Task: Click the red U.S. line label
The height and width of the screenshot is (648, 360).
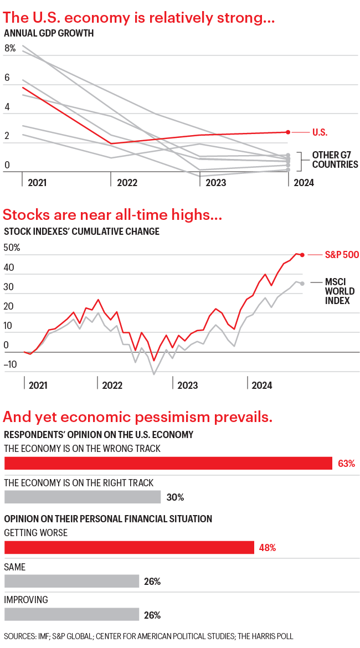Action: coord(320,132)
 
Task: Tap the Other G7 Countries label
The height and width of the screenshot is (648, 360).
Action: coord(335,160)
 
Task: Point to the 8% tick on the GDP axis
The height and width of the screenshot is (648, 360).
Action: coord(10,48)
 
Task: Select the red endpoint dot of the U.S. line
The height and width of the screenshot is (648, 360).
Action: coord(288,132)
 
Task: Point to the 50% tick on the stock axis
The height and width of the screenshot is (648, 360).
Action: coord(12,248)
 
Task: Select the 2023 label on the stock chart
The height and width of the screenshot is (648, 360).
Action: coord(187,385)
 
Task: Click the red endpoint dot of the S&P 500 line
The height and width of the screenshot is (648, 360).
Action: coord(302,255)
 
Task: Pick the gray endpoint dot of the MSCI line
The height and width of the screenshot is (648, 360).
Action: coord(302,283)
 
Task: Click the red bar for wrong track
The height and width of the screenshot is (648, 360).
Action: coord(168,464)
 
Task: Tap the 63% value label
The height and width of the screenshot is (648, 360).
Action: coord(346,464)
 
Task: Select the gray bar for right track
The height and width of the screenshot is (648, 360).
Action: coord(83,497)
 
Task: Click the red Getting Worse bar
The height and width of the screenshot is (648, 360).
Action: coord(129,548)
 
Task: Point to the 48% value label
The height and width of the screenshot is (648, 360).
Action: coord(267,548)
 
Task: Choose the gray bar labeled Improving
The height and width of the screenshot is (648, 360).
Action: coord(71,614)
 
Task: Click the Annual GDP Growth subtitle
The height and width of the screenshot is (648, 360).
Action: coord(49,33)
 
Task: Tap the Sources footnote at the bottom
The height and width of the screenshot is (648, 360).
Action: coord(148,637)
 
